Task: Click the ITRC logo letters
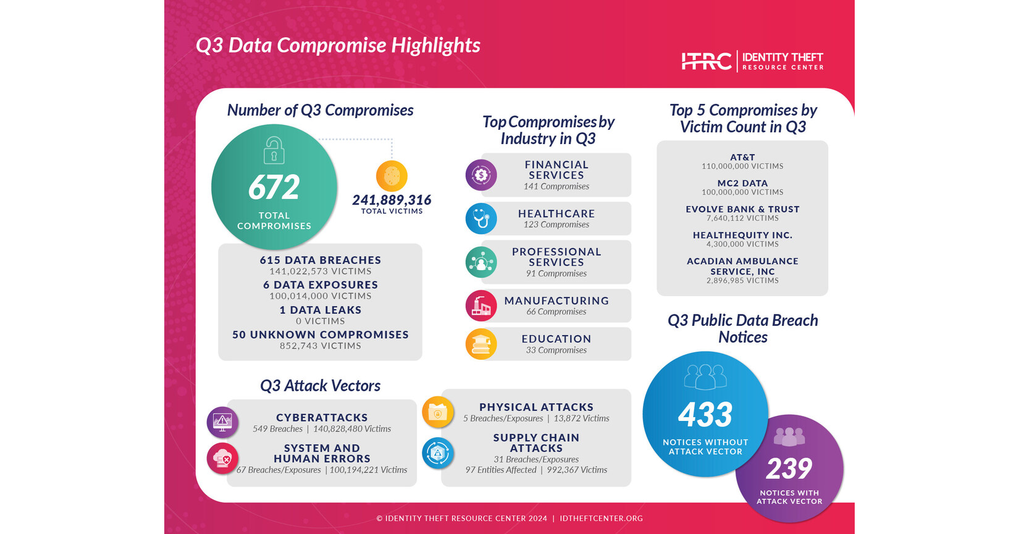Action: (x=706, y=61)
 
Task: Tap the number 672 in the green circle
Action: (x=274, y=187)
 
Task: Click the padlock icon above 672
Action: (x=274, y=150)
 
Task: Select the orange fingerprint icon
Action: (x=392, y=176)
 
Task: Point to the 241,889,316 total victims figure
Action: (x=392, y=200)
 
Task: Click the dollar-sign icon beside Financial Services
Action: (x=481, y=175)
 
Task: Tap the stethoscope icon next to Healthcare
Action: (x=481, y=218)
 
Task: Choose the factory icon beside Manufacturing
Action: (x=481, y=305)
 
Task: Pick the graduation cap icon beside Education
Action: (x=481, y=344)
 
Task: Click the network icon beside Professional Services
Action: (x=481, y=262)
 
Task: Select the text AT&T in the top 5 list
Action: (x=742, y=158)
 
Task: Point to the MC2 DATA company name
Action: (x=742, y=184)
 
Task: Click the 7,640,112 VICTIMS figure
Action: (x=742, y=218)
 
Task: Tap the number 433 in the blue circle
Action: (x=705, y=415)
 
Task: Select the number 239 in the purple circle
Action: (x=789, y=468)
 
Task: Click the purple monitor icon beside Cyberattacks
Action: (x=222, y=422)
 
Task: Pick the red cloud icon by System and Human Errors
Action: (x=222, y=458)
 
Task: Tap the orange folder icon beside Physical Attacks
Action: (x=438, y=412)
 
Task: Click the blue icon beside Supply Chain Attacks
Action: (x=438, y=452)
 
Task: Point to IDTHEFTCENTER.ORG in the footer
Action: (x=601, y=519)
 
